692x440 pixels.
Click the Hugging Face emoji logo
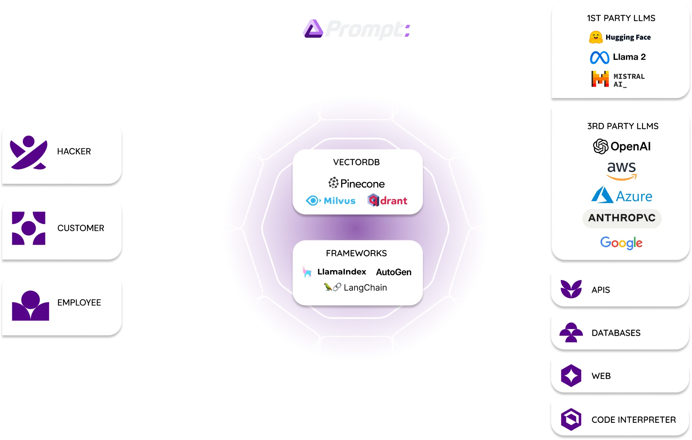coord(596,37)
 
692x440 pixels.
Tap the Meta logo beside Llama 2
coord(600,57)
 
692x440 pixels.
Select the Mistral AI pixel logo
coord(600,79)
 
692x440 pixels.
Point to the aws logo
coord(622,171)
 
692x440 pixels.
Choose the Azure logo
coord(622,195)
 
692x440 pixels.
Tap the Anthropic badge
coord(622,218)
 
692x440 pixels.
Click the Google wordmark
coord(621,243)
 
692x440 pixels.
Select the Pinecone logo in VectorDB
coord(356,183)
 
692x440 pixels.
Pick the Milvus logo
coord(331,201)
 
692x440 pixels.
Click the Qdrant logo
coord(387,200)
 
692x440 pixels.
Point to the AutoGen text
coord(394,272)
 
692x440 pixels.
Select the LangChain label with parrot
coord(356,287)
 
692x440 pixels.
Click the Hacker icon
coord(29,153)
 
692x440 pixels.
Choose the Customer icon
coord(29,228)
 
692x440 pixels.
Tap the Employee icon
coord(30,305)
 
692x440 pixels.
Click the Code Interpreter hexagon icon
coord(571,419)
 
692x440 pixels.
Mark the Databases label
coord(616,333)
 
